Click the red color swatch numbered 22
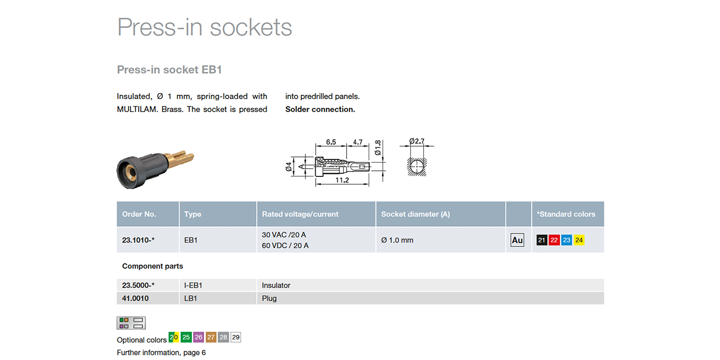tap(554, 240)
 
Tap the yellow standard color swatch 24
tap(579, 240)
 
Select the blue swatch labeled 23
tap(567, 240)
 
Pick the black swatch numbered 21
tap(542, 240)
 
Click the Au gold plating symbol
tap(517, 240)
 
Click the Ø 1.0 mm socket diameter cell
tap(397, 240)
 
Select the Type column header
tap(192, 214)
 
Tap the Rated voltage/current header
tap(300, 214)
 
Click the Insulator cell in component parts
tap(276, 285)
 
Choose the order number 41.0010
tap(135, 298)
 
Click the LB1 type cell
tap(190, 298)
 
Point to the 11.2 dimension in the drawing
tap(342, 181)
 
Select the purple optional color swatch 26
tap(199, 337)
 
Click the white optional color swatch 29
tap(236, 337)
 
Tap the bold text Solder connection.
tap(320, 109)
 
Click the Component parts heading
tap(153, 266)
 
